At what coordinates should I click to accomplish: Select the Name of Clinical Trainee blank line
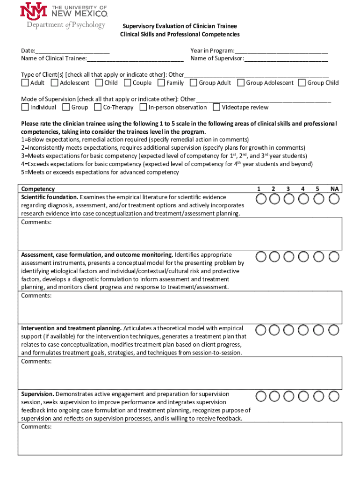pos(135,58)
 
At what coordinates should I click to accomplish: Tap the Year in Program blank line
pos(281,51)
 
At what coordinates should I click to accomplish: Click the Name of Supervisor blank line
pos(286,58)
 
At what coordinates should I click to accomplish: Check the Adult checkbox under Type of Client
pos(25,83)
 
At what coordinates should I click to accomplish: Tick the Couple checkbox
pos(127,83)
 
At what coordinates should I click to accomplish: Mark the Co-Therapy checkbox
pos(98,107)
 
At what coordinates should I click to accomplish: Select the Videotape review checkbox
pos(216,107)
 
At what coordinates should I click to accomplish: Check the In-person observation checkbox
pos(143,107)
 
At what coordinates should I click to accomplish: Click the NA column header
pos(334,189)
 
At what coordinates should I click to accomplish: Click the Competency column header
pos(38,189)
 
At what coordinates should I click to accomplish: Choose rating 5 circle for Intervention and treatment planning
pos(319,330)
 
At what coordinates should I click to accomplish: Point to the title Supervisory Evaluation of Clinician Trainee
pos(180,26)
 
